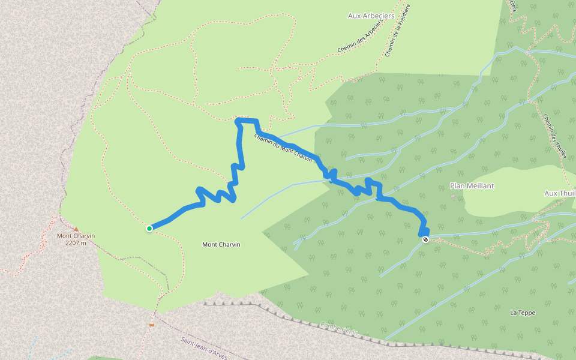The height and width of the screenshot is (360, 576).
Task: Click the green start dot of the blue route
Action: [x=149, y=228]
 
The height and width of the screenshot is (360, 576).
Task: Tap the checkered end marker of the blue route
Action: [x=425, y=240]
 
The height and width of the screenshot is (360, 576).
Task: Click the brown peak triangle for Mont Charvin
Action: [x=76, y=229]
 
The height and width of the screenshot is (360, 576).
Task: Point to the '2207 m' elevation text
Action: [x=76, y=243]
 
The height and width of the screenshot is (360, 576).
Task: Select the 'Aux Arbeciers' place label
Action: [x=371, y=16]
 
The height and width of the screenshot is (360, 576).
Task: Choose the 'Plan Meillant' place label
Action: [x=472, y=186]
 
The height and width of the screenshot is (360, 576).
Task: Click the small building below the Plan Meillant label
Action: [x=452, y=196]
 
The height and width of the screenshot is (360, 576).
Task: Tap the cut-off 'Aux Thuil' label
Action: [x=559, y=193]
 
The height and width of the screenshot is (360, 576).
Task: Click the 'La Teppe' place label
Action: [x=522, y=313]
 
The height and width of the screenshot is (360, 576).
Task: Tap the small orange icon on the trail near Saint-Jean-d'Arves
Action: [x=152, y=325]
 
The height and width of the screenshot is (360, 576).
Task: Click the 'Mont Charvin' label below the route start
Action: [x=221, y=244]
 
